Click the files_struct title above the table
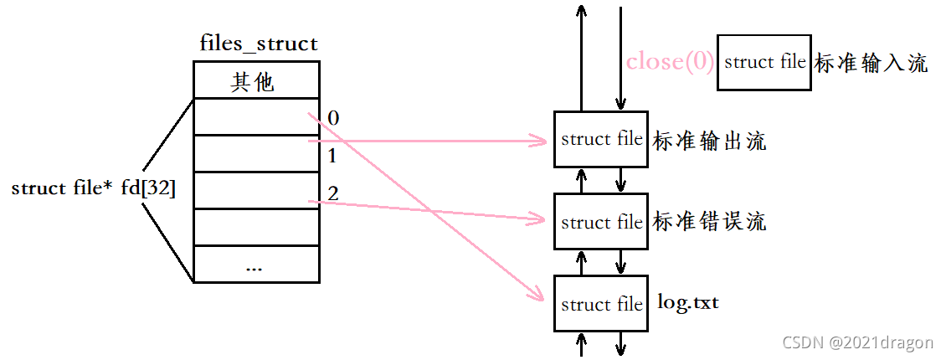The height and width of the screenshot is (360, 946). [x=259, y=44]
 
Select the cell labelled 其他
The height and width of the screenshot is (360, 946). [x=255, y=82]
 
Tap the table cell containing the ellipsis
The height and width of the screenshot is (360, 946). [x=255, y=265]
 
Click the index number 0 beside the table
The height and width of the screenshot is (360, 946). [x=334, y=118]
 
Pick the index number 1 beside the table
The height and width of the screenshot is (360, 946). [x=332, y=156]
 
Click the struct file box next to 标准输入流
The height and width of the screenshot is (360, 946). [x=764, y=62]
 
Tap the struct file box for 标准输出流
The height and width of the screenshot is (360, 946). [x=601, y=139]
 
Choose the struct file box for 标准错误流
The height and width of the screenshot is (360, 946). [x=601, y=222]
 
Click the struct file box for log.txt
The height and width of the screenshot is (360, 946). [x=601, y=304]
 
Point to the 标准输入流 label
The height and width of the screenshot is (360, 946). [x=871, y=64]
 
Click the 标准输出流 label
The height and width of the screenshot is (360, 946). [x=709, y=141]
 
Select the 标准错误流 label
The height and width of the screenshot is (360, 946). [x=709, y=222]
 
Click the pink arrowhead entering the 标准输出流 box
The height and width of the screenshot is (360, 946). [x=540, y=141]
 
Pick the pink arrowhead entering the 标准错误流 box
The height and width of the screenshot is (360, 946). [x=540, y=221]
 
